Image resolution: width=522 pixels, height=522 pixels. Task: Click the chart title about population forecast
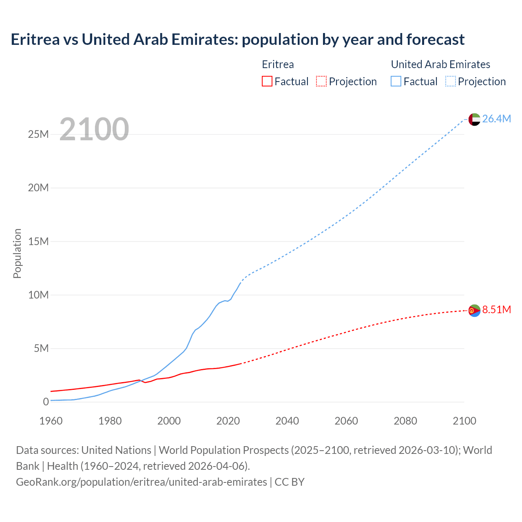pyautogui.click(x=237, y=40)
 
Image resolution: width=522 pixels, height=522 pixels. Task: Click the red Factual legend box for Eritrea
pyautogui.click(x=267, y=81)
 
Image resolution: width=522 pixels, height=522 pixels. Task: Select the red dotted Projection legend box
pyautogui.click(x=321, y=81)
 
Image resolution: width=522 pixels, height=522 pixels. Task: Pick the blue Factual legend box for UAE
pyautogui.click(x=396, y=81)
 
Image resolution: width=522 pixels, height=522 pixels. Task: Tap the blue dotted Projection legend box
pyautogui.click(x=450, y=81)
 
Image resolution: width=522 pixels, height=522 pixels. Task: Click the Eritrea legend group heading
pyautogui.click(x=278, y=64)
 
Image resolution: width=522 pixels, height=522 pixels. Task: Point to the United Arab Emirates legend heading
pyautogui.click(x=440, y=64)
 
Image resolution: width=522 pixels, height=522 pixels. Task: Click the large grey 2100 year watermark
pyautogui.click(x=94, y=129)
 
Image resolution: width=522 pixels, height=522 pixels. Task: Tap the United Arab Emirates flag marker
pyautogui.click(x=474, y=119)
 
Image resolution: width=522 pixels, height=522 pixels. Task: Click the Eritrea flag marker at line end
pyautogui.click(x=474, y=310)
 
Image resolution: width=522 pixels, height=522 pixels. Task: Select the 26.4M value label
pyautogui.click(x=496, y=119)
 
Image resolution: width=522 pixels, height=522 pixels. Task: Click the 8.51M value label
pyautogui.click(x=496, y=310)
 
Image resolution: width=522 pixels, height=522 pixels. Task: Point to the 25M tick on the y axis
pyautogui.click(x=38, y=134)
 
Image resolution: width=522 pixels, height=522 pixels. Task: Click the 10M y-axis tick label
pyautogui.click(x=38, y=295)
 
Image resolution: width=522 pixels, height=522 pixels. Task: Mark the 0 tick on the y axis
pyautogui.click(x=46, y=402)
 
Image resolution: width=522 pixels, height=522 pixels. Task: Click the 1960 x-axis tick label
pyautogui.click(x=51, y=421)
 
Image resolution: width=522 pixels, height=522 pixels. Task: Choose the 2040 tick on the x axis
pyautogui.click(x=287, y=421)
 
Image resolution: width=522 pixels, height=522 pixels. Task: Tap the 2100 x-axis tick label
pyautogui.click(x=464, y=421)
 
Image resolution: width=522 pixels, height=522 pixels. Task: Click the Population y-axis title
pyautogui.click(x=17, y=253)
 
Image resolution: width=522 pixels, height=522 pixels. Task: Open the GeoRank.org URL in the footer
pyautogui.click(x=142, y=482)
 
